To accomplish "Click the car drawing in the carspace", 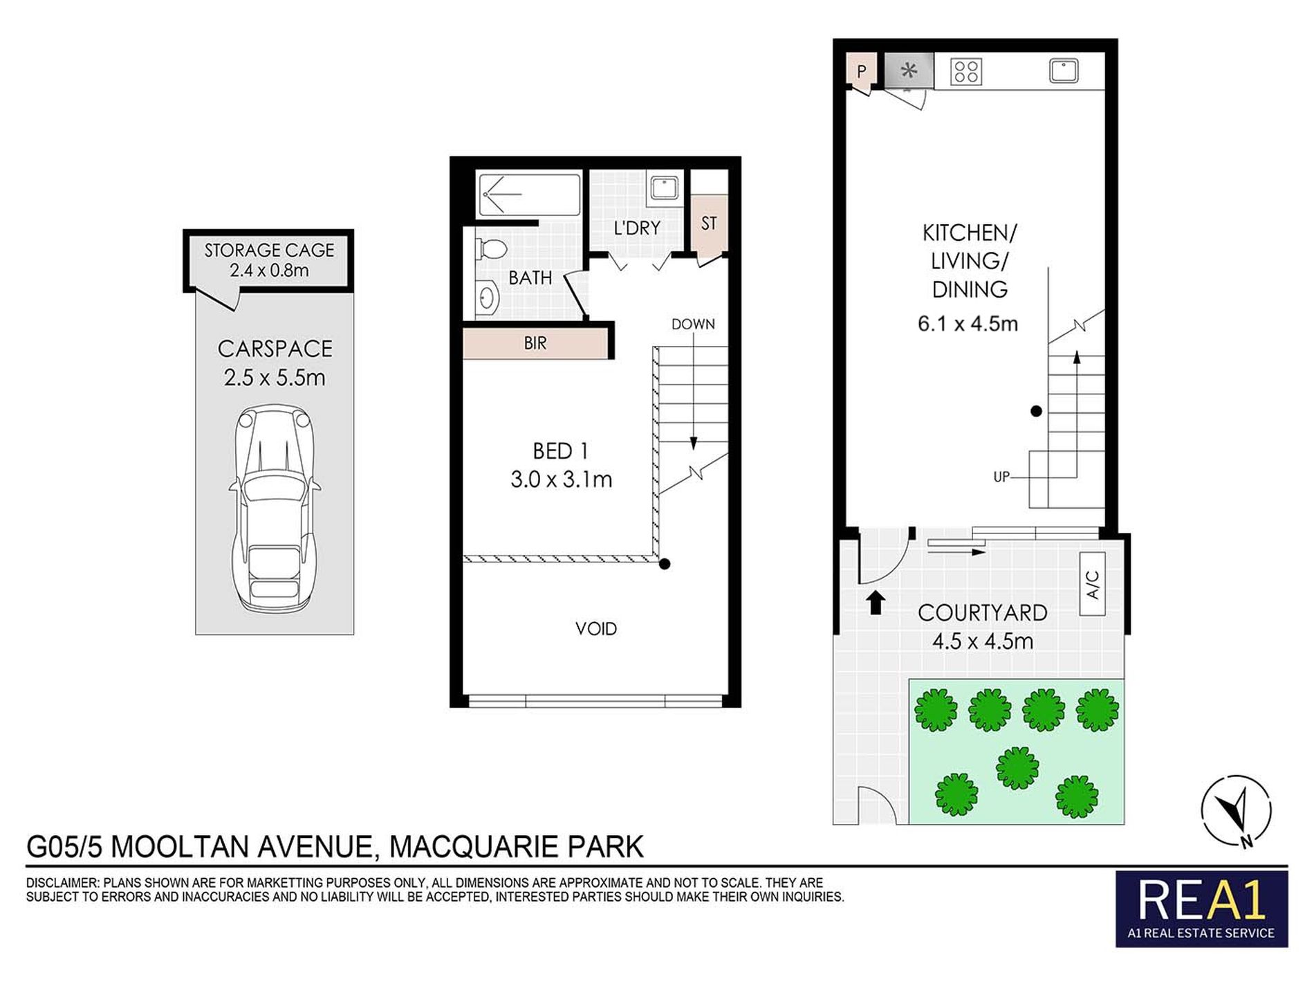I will pyautogui.click(x=275, y=509).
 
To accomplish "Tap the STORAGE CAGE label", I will pyautogui.click(x=269, y=250).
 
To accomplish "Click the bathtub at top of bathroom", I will pyautogui.click(x=530, y=194).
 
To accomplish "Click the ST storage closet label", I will pyautogui.click(x=709, y=223).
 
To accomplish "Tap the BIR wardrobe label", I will pyautogui.click(x=535, y=343).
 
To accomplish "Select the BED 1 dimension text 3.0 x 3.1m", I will pyautogui.click(x=561, y=480).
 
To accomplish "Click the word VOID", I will pyautogui.click(x=595, y=629).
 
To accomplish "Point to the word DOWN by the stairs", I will pyautogui.click(x=693, y=325).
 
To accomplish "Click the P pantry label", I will pyautogui.click(x=862, y=71).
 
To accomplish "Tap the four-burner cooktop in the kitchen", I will pyautogui.click(x=965, y=71).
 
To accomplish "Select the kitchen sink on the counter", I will pyautogui.click(x=1064, y=71).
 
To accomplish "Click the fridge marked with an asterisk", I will pyautogui.click(x=909, y=71).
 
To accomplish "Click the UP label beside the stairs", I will pyautogui.click(x=1001, y=477).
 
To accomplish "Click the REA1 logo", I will pyautogui.click(x=1201, y=909).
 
